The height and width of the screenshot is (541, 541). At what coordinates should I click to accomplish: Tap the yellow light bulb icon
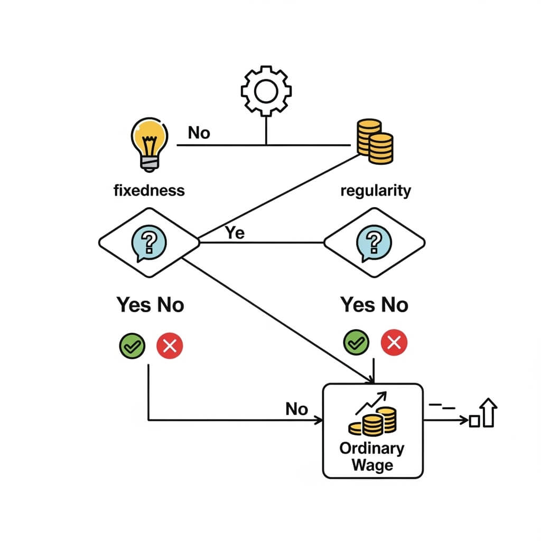click(148, 143)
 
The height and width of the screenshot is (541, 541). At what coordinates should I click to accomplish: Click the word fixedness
click(150, 190)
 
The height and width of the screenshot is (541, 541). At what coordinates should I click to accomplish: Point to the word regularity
click(376, 190)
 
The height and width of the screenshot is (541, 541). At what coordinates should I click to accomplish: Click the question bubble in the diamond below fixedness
click(148, 242)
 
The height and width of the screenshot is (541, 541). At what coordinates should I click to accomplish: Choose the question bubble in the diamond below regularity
click(374, 242)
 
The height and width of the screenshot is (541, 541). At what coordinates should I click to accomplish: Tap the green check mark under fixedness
click(132, 347)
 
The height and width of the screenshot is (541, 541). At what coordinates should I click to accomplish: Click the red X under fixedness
click(170, 347)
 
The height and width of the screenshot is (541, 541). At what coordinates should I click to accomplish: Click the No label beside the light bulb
click(199, 133)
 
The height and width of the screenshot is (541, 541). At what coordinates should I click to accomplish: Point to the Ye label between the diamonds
click(235, 232)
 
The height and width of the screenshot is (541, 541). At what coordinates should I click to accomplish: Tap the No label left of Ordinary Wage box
click(296, 408)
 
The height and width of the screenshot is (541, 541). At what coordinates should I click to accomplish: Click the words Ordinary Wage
click(372, 457)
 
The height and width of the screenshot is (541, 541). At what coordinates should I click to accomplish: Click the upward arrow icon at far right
click(489, 414)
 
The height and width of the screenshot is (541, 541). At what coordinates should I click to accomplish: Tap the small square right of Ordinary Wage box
click(474, 421)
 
